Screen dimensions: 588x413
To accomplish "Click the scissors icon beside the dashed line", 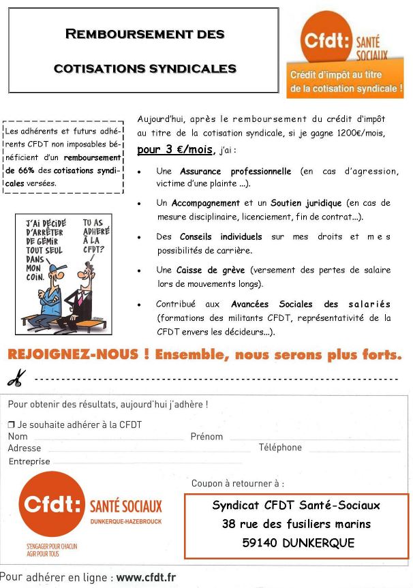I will (17, 377).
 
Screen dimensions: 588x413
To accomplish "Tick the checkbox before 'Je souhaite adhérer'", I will (11, 424).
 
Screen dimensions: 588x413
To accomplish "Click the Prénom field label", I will (206, 437).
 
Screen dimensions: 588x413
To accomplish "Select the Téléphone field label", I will (279, 448).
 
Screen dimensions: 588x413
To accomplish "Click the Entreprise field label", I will (29, 461).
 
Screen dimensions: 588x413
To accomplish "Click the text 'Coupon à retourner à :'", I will (238, 484).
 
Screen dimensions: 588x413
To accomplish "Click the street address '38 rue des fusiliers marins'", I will (296, 524).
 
